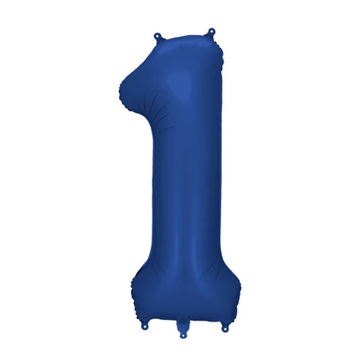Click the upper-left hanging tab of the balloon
coord(157,37)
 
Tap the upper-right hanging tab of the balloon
coord(209,34)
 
